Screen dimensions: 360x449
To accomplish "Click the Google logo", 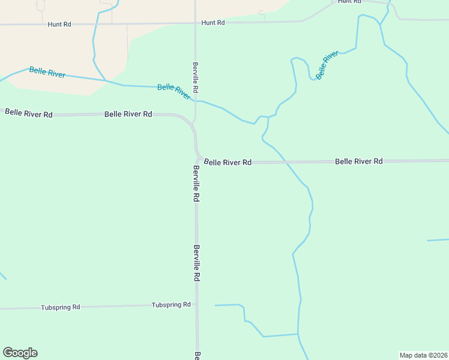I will [20, 353].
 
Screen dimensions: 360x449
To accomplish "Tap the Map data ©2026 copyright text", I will [423, 355].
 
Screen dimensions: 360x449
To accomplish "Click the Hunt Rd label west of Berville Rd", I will [59, 24].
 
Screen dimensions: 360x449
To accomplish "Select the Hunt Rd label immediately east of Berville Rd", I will [213, 23].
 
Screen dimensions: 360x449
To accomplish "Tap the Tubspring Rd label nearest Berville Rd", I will [171, 305].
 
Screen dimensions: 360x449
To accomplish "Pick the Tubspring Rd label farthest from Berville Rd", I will [61, 307].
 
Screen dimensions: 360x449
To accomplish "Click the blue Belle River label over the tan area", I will [47, 73].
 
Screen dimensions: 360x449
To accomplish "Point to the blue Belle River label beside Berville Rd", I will [174, 92].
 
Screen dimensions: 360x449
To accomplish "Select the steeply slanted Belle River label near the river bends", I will [327, 65].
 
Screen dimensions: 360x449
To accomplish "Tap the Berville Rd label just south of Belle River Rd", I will [196, 184].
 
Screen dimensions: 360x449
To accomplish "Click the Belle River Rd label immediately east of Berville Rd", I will [228, 162].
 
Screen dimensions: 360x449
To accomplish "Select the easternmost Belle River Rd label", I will [359, 161].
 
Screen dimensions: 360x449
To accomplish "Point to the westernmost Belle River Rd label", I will [29, 113].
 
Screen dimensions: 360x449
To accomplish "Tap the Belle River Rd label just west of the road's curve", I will [128, 113].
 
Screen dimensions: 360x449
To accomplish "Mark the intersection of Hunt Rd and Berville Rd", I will [195, 23].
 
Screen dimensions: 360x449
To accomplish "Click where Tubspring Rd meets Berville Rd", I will [197, 305].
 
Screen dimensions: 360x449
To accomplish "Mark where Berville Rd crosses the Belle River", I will [195, 100].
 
